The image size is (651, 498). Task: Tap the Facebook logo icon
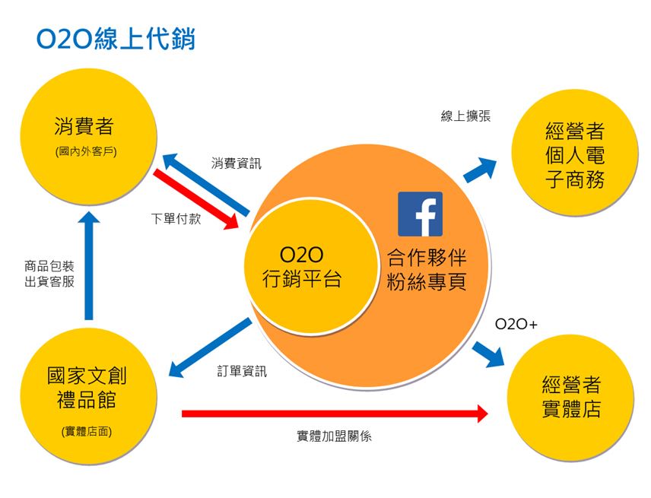coord(420,214)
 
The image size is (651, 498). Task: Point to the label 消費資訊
coord(236,163)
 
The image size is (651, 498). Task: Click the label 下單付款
coord(176,220)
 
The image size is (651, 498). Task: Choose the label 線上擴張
coord(465,116)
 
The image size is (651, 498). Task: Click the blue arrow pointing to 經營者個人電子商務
coord(479,170)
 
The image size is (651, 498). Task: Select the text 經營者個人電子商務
coord(575,155)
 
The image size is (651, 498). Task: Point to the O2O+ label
coord(516,324)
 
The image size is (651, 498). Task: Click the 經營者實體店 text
coord(573,397)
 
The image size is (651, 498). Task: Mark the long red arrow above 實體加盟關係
coord(335,414)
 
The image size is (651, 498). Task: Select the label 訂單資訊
coord(242,372)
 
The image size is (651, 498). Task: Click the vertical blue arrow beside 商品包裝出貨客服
coord(89,266)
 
